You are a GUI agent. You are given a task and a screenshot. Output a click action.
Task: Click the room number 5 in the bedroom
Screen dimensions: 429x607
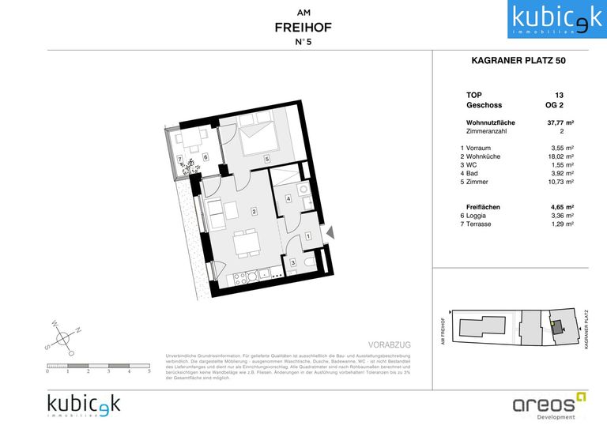coord(267,160)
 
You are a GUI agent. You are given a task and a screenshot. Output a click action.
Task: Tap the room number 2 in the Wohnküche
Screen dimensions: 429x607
coord(253,211)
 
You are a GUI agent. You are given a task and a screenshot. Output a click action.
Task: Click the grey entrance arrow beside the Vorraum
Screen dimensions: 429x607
coord(331,231)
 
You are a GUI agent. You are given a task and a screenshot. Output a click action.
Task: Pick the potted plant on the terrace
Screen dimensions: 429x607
coord(189,164)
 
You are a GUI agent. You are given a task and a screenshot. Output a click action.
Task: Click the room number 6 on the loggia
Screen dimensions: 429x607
coord(205,157)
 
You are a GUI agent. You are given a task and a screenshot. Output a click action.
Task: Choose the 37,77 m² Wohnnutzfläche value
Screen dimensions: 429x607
coord(561,122)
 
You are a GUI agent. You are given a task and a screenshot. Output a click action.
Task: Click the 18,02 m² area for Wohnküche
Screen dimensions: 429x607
coord(561,156)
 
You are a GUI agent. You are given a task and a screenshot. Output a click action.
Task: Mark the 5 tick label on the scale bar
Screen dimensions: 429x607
coord(149,371)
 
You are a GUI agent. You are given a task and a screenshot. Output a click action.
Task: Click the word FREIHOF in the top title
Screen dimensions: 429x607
coord(303,27)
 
